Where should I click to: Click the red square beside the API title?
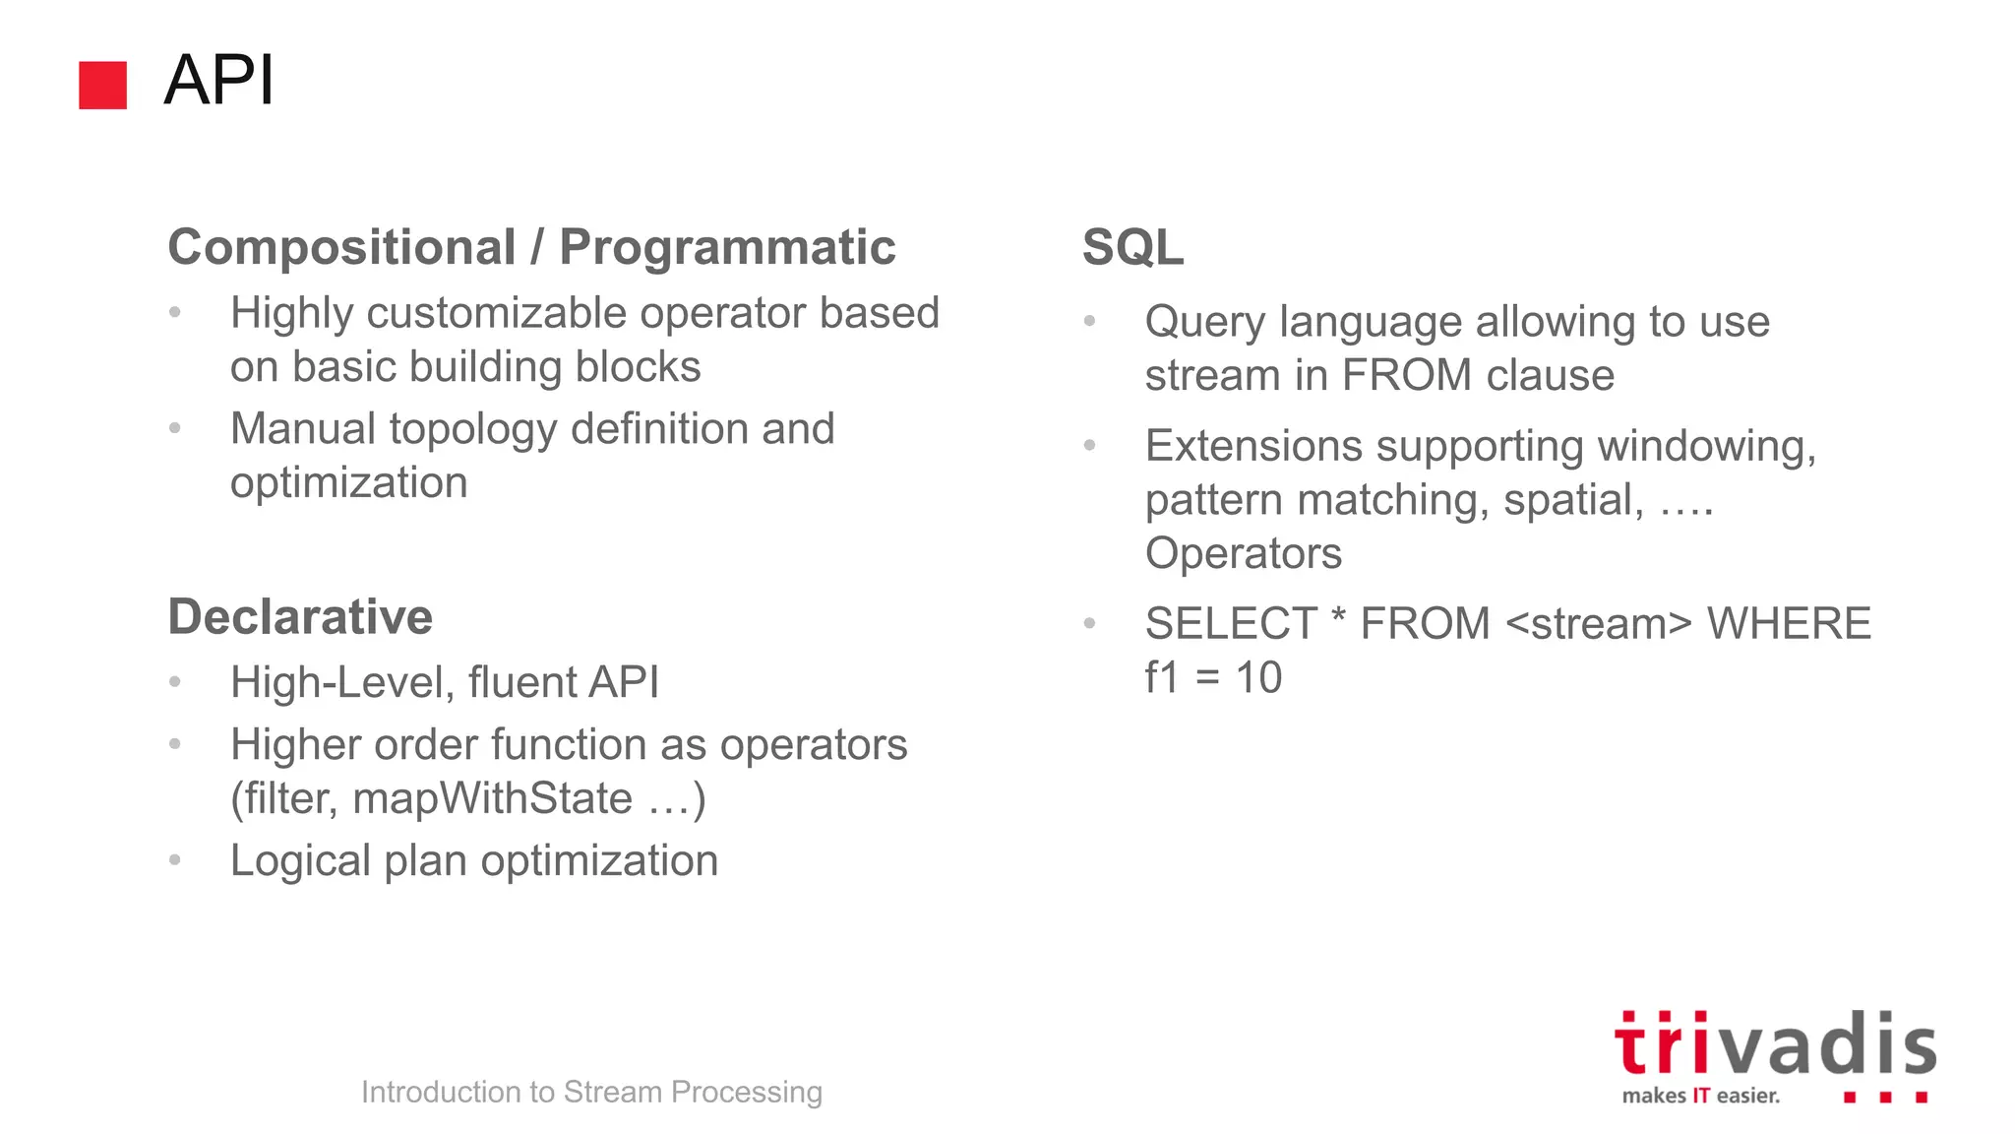tap(102, 85)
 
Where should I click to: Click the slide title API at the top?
tap(218, 81)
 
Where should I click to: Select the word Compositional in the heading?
tap(341, 247)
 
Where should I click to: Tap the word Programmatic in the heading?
tap(727, 247)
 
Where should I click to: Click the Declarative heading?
tap(300, 617)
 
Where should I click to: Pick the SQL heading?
tap(1132, 247)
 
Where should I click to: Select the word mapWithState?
tap(492, 798)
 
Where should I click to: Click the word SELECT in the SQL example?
tap(1230, 624)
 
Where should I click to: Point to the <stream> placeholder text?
tap(1598, 624)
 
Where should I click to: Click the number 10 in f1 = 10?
tap(1258, 678)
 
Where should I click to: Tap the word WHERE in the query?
tap(1788, 624)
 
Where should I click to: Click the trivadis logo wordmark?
tap(1774, 1045)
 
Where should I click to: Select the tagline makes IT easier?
tap(1700, 1096)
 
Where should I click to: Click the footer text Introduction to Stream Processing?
tap(591, 1092)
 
